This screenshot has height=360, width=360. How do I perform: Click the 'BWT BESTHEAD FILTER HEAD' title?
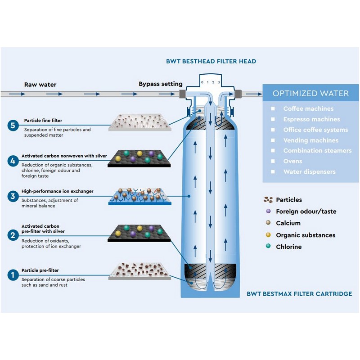click(x=211, y=61)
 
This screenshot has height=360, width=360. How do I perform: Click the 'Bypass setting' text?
click(x=160, y=84)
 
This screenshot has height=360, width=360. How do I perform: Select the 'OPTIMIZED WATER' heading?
click(x=310, y=94)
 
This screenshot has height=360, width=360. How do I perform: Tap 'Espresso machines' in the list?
click(x=311, y=119)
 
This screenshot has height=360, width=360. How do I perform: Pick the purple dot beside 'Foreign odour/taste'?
click(x=268, y=211)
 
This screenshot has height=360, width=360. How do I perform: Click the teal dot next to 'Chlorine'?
click(x=268, y=247)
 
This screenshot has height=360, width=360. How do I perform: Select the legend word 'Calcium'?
click(x=288, y=223)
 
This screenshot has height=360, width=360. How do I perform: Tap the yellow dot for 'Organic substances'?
click(x=268, y=235)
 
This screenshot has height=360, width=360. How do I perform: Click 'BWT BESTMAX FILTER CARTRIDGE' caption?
click(x=299, y=294)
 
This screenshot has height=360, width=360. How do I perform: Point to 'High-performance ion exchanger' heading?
click(x=58, y=191)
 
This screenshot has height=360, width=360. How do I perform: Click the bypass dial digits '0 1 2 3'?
click(x=211, y=82)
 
